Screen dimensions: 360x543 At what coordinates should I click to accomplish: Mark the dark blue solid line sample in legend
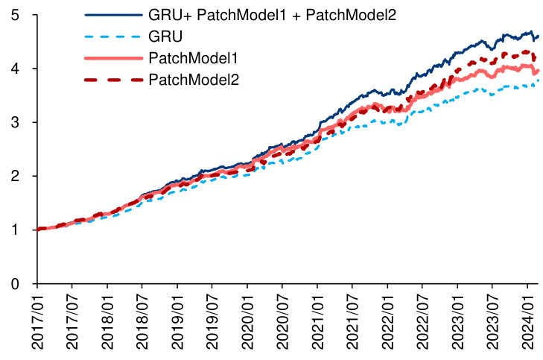pos(112,15)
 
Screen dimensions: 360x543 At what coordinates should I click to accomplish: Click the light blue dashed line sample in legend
pos(112,36)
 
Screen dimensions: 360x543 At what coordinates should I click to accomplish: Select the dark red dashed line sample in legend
pos(112,79)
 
